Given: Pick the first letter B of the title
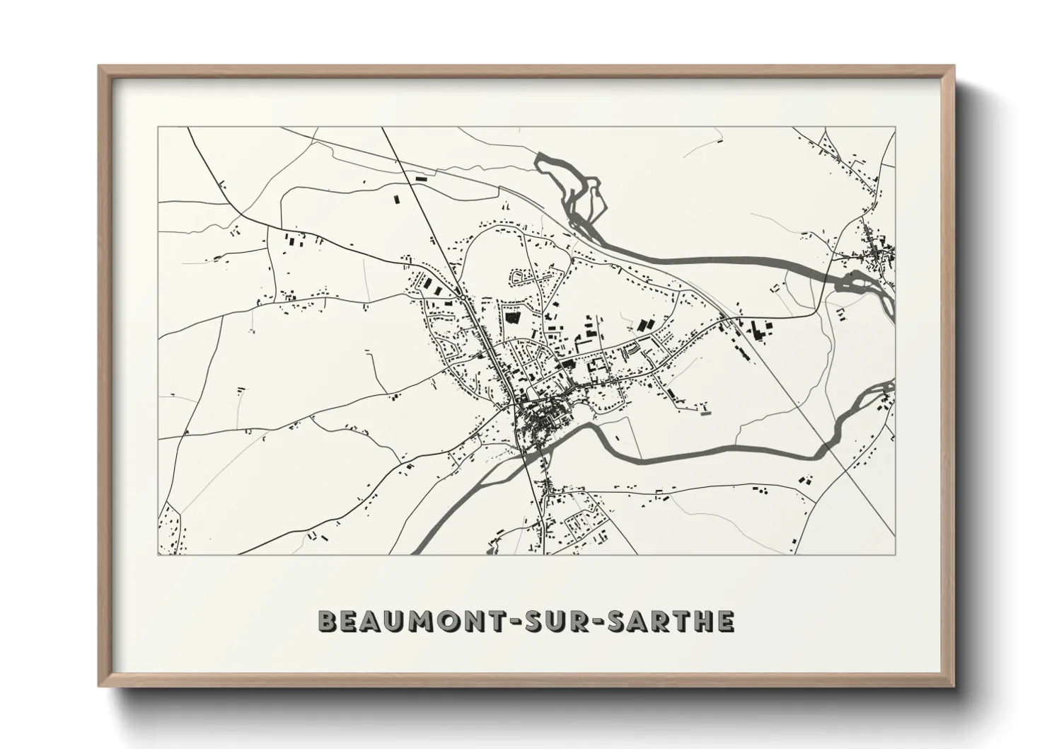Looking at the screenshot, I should coord(327,621).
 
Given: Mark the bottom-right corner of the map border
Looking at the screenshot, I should coord(895,554).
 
